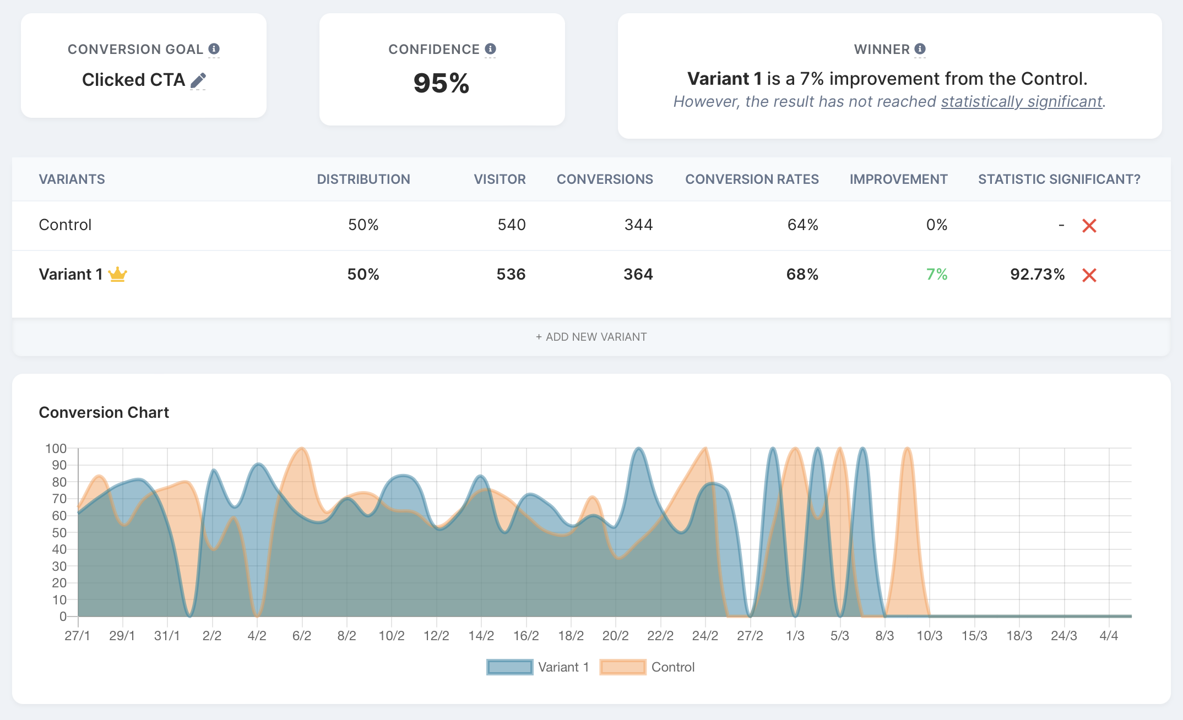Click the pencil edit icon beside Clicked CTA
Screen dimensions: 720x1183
pyautogui.click(x=198, y=81)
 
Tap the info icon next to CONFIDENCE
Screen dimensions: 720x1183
pyautogui.click(x=490, y=49)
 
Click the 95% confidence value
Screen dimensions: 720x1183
pyautogui.click(x=441, y=84)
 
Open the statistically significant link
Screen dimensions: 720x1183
pyautogui.click(x=1022, y=102)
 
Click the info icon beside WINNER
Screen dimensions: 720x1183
pyautogui.click(x=920, y=49)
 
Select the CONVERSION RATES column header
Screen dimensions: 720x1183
pyautogui.click(x=751, y=179)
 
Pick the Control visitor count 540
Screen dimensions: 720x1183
pyautogui.click(x=511, y=225)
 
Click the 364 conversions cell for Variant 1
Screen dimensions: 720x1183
pyautogui.click(x=638, y=274)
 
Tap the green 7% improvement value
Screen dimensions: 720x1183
pyautogui.click(x=936, y=274)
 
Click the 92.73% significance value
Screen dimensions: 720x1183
pyautogui.click(x=1037, y=274)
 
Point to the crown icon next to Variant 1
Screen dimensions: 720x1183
pyautogui.click(x=117, y=274)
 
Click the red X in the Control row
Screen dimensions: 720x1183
pyautogui.click(x=1089, y=226)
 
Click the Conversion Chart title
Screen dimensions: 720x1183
pyautogui.click(x=104, y=412)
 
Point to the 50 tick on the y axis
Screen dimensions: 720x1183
pyautogui.click(x=59, y=533)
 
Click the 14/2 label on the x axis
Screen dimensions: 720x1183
pyautogui.click(x=481, y=636)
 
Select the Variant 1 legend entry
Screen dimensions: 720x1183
pyautogui.click(x=538, y=667)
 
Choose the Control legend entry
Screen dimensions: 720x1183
pyautogui.click(x=648, y=667)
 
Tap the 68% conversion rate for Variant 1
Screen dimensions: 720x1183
pyautogui.click(x=802, y=274)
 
